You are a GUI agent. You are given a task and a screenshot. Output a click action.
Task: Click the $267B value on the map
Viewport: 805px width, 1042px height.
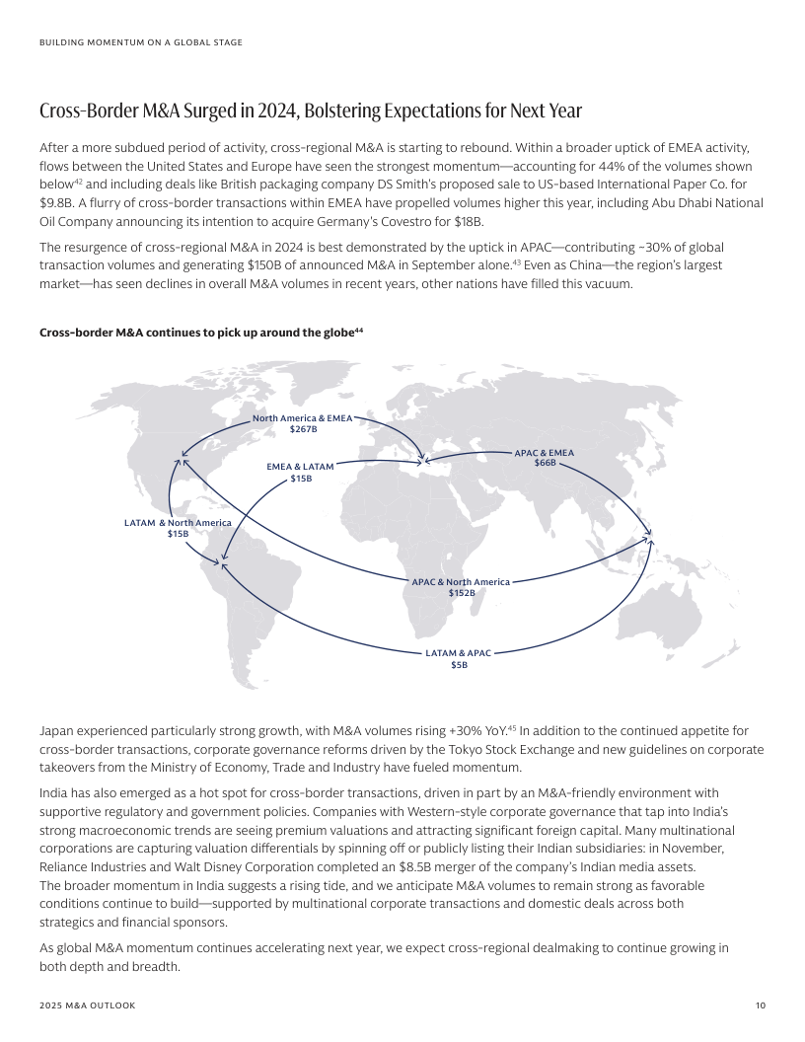click(302, 430)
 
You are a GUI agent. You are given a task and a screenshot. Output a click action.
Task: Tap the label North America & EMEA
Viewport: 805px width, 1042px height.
click(302, 418)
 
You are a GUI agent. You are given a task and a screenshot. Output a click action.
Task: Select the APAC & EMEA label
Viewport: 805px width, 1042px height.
click(545, 453)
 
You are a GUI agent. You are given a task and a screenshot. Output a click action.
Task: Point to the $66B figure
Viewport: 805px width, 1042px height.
click(545, 463)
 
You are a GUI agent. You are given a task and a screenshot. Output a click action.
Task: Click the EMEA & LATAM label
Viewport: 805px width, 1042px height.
click(301, 467)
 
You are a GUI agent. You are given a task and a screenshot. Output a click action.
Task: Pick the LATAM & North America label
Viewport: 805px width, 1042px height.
click(178, 522)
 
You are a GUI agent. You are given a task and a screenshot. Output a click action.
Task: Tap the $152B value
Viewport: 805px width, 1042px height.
click(461, 593)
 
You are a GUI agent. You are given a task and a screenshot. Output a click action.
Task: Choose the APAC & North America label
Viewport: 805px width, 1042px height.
click(461, 582)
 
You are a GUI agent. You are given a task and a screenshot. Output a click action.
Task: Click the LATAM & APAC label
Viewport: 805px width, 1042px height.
click(458, 653)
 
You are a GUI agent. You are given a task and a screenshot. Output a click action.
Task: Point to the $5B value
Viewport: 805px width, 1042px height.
click(459, 666)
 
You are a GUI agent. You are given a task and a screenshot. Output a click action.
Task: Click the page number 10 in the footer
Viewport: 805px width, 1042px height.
click(760, 1005)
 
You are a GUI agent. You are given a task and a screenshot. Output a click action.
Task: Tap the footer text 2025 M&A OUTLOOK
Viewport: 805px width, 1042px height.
click(88, 1005)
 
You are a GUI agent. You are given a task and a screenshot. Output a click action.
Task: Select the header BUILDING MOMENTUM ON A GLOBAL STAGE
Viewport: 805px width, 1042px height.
click(141, 42)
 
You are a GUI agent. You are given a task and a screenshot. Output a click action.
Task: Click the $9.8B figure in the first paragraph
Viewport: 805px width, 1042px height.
click(56, 202)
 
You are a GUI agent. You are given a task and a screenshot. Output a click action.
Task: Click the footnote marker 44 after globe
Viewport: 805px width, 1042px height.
click(359, 331)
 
